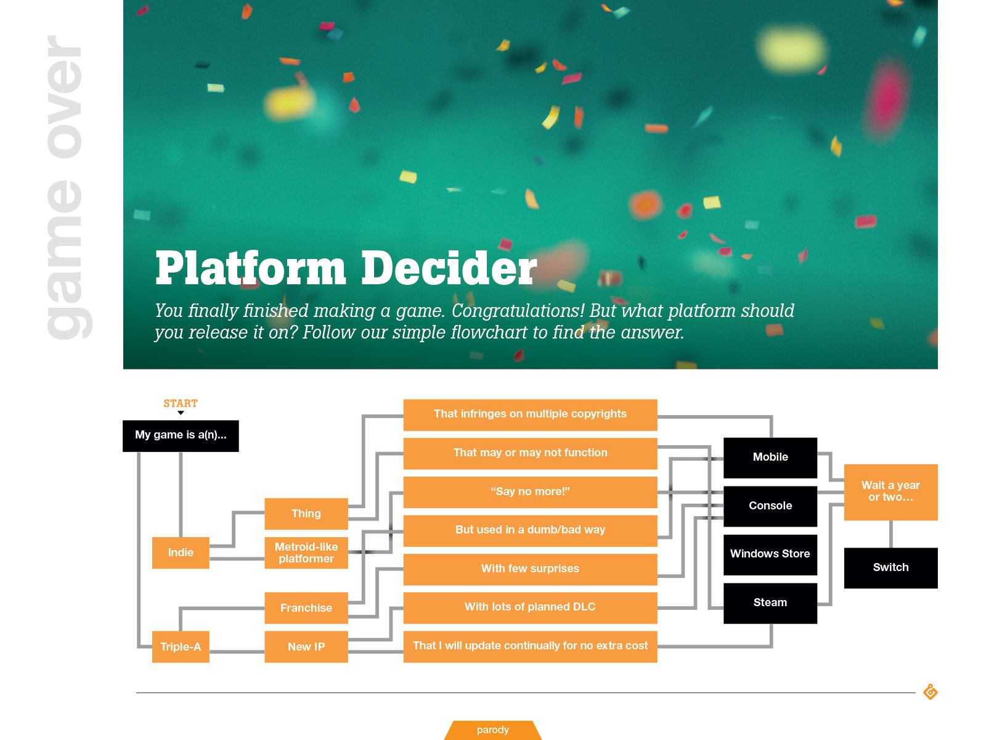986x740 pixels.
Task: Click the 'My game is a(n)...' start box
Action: (181, 435)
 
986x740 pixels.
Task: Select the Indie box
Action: (181, 553)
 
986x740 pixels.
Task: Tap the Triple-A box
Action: (181, 646)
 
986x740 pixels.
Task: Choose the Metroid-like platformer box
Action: (306, 553)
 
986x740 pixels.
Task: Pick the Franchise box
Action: (306, 607)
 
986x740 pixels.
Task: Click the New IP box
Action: (306, 646)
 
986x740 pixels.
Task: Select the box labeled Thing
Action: (306, 514)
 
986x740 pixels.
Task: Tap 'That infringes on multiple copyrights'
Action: (530, 414)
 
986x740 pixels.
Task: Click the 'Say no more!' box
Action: (530, 491)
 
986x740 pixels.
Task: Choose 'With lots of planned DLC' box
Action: (530, 607)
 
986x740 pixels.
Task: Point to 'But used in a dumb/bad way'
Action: (530, 530)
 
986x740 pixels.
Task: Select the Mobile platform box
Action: (770, 457)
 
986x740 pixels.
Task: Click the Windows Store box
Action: (770, 554)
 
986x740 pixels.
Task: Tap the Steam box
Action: (770, 602)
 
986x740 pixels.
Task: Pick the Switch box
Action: (890, 567)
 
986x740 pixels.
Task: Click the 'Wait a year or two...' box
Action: (890, 491)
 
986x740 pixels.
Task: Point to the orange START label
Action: (181, 403)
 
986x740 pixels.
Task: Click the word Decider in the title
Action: (449, 268)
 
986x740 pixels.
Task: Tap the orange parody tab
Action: (493, 730)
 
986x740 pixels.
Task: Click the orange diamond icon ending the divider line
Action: (931, 692)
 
